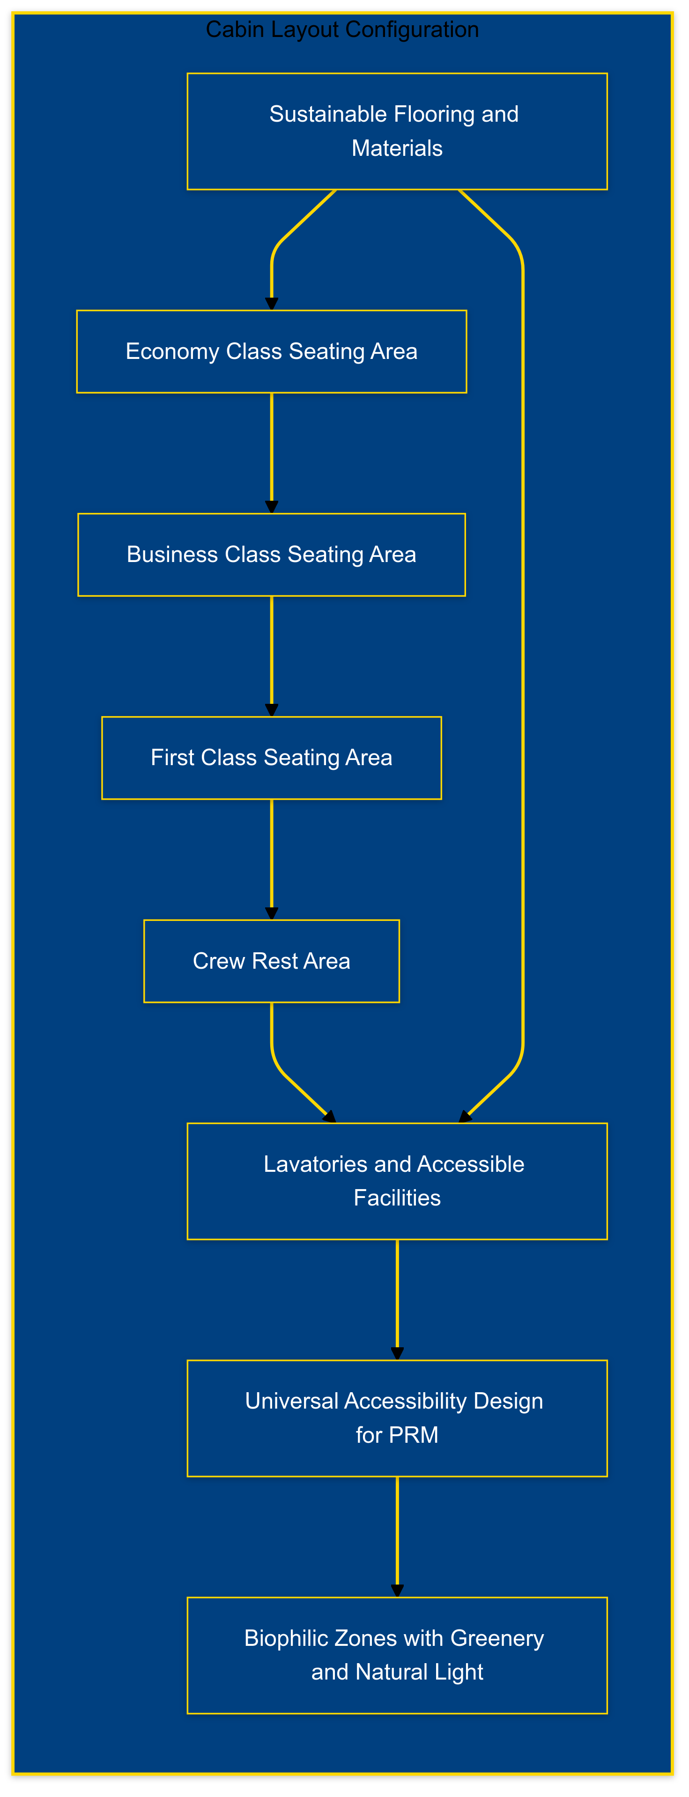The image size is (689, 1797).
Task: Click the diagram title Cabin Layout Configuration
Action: click(x=342, y=30)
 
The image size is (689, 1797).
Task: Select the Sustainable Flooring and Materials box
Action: click(x=397, y=131)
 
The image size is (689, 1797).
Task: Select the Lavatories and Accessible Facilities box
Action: click(x=397, y=1181)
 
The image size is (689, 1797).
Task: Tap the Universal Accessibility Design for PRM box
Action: click(x=397, y=1418)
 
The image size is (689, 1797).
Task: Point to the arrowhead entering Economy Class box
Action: click(x=272, y=303)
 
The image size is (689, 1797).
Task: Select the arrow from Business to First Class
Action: click(x=272, y=656)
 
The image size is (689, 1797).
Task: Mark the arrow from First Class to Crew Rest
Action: click(x=272, y=858)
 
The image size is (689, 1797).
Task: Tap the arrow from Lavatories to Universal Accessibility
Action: click(x=397, y=1298)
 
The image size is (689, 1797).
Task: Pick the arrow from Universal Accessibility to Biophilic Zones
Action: click(x=397, y=1535)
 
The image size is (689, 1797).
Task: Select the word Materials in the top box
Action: click(x=397, y=149)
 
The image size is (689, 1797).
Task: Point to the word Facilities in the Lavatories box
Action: click(x=397, y=1198)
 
